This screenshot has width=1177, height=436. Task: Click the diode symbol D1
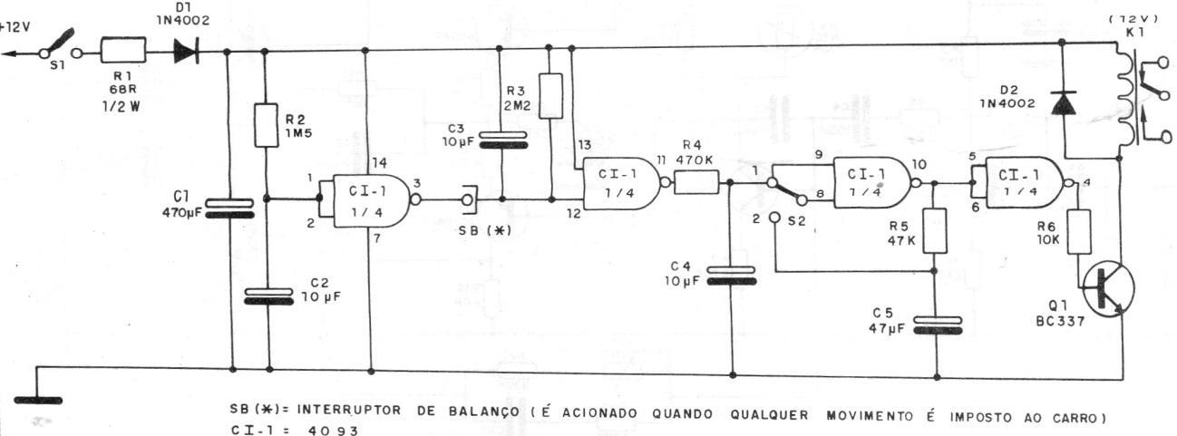(x=186, y=51)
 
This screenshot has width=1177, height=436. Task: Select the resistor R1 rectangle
(x=123, y=51)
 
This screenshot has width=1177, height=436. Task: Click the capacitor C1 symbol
(x=229, y=208)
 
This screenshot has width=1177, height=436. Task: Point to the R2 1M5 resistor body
(x=266, y=125)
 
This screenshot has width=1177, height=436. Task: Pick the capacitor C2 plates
(x=268, y=296)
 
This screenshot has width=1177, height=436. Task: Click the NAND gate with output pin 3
(x=372, y=200)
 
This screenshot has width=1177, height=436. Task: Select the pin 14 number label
(x=379, y=163)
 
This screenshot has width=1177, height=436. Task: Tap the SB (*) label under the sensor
(x=485, y=230)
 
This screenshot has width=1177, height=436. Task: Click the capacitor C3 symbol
(x=502, y=140)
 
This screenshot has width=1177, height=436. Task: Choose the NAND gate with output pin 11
(x=621, y=183)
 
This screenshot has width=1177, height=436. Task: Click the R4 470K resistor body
(x=696, y=182)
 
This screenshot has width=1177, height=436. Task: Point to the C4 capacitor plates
(x=731, y=276)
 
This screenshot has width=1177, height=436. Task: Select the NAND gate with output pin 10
(x=872, y=182)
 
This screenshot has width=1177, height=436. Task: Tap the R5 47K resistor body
(x=935, y=230)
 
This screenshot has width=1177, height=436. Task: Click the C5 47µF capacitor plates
(x=938, y=325)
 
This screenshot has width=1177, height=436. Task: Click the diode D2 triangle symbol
(x=1063, y=103)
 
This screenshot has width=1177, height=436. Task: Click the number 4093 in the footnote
(x=333, y=431)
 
